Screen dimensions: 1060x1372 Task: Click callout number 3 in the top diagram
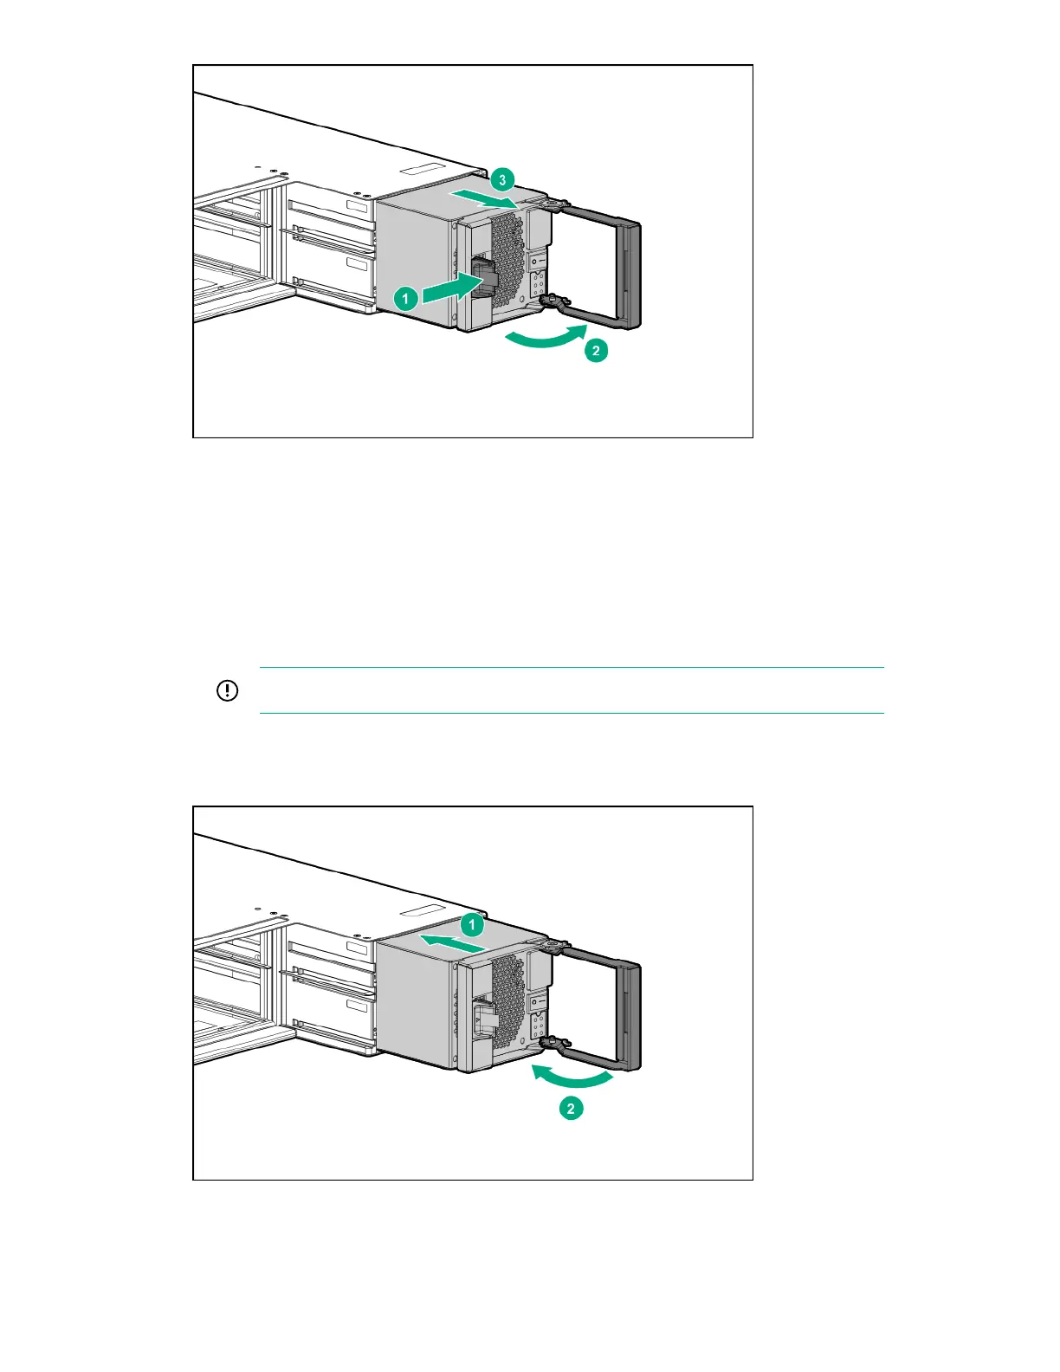(502, 180)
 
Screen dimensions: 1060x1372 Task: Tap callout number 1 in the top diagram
(405, 298)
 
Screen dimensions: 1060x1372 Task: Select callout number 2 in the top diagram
(596, 351)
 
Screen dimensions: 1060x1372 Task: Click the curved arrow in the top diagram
(546, 339)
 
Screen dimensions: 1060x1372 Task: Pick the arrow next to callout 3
(484, 197)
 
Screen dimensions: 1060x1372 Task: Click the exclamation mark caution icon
(227, 690)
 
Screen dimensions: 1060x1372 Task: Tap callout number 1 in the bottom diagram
(472, 925)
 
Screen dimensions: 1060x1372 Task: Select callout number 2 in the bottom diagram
(571, 1109)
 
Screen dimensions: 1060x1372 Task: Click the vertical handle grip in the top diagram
(630, 274)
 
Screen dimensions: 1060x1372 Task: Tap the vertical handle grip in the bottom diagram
(630, 1016)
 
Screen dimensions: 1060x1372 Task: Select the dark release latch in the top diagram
(483, 275)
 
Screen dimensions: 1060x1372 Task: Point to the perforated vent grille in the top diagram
(508, 260)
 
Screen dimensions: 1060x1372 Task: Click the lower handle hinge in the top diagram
(552, 302)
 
